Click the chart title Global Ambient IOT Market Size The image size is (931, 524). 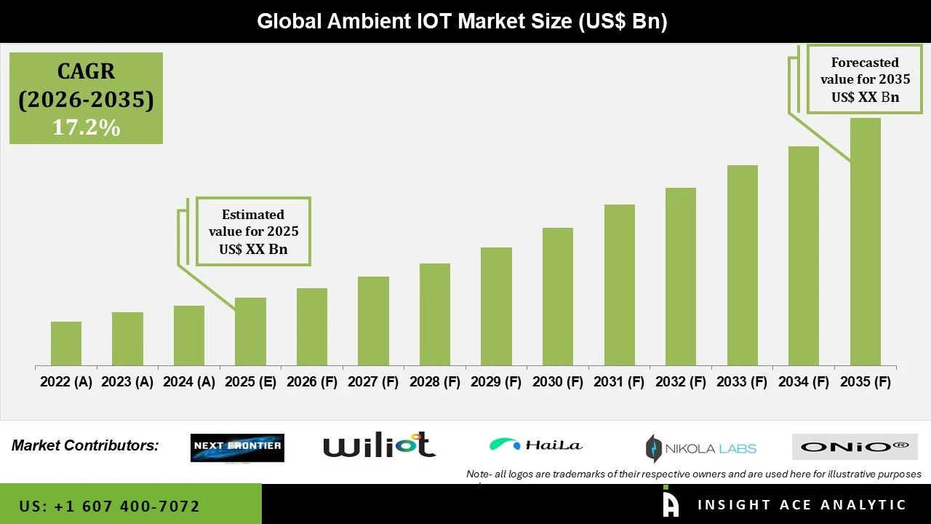click(x=462, y=21)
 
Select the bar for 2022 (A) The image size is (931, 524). click(x=66, y=344)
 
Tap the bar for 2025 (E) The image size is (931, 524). click(x=250, y=331)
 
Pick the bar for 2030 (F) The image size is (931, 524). click(x=558, y=296)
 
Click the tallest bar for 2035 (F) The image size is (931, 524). click(x=865, y=242)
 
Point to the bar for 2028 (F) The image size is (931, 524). click(x=435, y=314)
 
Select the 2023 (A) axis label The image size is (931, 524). click(x=127, y=382)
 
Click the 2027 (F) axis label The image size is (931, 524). click(x=374, y=382)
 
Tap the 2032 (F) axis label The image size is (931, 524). click(x=681, y=382)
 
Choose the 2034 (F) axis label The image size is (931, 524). click(x=804, y=382)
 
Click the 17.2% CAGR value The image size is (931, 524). click(x=86, y=127)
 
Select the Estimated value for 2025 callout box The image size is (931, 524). click(x=253, y=231)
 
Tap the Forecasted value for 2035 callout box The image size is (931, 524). click(x=865, y=79)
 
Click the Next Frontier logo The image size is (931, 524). click(x=237, y=448)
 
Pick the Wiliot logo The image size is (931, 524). click(x=379, y=445)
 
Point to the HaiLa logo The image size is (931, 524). click(x=536, y=445)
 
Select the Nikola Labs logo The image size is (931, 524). click(x=701, y=448)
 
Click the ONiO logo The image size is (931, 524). click(x=855, y=447)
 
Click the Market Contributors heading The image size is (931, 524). click(x=85, y=445)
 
